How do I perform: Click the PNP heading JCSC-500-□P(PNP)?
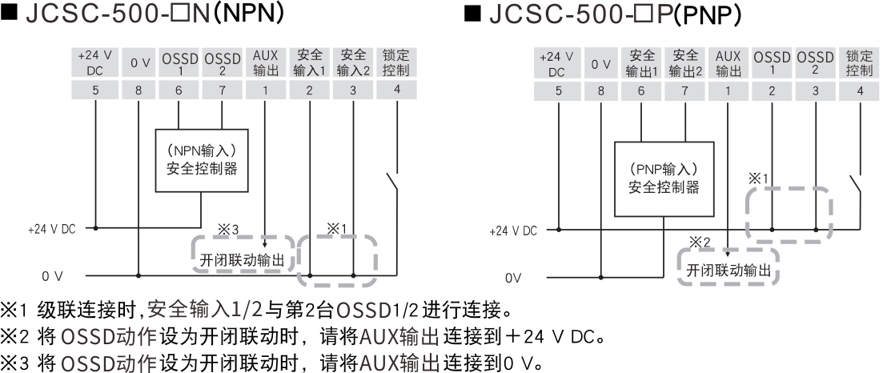608,15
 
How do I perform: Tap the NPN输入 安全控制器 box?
200,160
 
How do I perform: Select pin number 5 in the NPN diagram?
95,90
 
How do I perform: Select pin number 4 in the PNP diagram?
860,90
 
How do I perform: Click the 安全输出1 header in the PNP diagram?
641,63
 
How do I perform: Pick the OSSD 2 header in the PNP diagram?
815,63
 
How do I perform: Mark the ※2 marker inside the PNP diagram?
699,242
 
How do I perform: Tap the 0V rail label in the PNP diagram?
513,279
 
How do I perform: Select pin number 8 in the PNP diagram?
600,90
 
